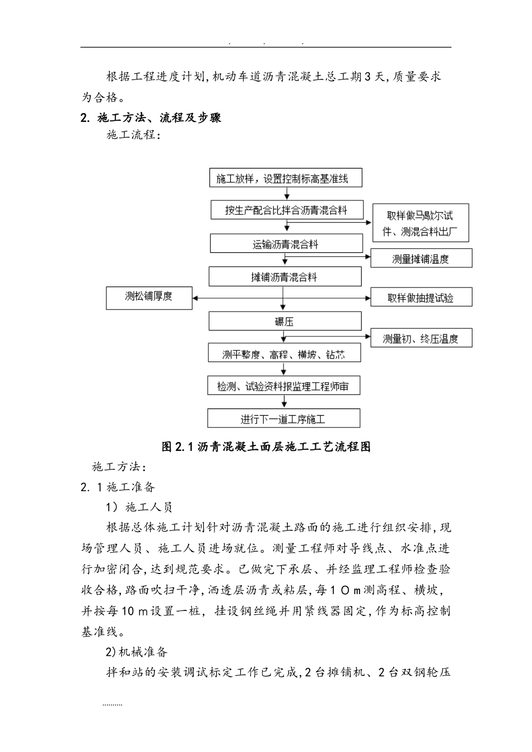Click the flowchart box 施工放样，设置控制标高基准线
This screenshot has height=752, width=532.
pos(285,178)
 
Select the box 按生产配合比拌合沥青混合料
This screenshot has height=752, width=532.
pos(286,211)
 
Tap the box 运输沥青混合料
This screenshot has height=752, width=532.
pos(286,244)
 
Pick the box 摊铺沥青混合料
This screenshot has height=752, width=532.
pos(285,277)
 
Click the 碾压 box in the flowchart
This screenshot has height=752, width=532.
pos(285,322)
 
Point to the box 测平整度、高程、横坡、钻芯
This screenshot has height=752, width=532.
pos(284,354)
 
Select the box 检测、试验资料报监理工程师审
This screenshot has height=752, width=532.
pos(284,386)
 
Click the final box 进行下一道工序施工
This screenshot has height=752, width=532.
pos(283,419)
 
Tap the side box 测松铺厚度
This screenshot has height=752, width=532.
pos(149,297)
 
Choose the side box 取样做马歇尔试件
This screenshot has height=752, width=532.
pos(420,223)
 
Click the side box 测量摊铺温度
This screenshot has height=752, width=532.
pos(421,258)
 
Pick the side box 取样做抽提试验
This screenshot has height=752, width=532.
pos(421,298)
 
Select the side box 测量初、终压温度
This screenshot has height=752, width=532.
pos(421,339)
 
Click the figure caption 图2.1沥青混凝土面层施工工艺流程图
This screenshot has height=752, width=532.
pos(266,446)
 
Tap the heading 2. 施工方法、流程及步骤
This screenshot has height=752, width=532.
pos(151,117)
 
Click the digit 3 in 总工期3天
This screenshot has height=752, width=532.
pos(367,77)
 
